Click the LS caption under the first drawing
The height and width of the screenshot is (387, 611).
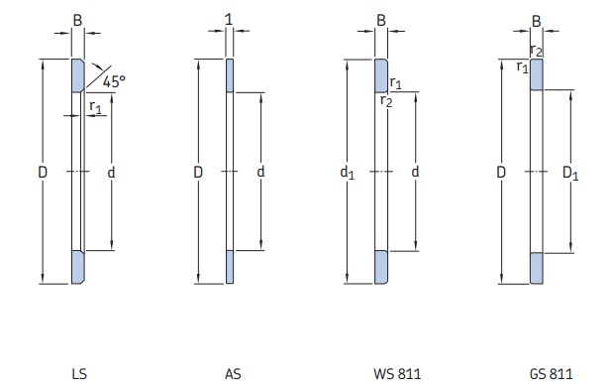[79, 374]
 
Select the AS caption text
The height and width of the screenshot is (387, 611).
[233, 374]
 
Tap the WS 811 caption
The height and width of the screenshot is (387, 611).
[397, 374]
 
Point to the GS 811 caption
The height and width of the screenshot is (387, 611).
[551, 374]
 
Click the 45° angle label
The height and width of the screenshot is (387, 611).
[114, 81]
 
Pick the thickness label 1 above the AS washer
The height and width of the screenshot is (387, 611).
[229, 20]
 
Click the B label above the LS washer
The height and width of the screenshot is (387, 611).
[77, 20]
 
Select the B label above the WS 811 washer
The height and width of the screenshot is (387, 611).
[381, 20]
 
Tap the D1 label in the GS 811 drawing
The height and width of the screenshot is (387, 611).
[570, 173]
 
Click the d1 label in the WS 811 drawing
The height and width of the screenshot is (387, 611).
[348, 173]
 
